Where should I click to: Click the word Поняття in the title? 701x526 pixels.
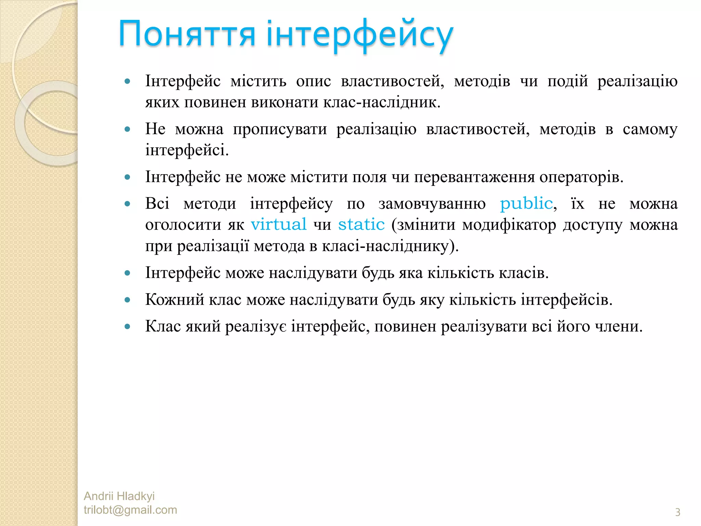187,34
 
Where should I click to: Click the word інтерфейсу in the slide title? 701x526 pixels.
360,34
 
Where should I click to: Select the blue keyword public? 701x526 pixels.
526,203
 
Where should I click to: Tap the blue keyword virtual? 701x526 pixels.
279,225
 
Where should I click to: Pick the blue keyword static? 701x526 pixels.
361,225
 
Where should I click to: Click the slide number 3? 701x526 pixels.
677,512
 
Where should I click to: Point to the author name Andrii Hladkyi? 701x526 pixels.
119,496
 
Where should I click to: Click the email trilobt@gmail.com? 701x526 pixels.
130,510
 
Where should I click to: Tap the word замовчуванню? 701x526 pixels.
432,204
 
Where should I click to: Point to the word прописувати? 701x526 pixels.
280,129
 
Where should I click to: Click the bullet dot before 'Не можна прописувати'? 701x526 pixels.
128,129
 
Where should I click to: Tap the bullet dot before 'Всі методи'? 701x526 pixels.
128,204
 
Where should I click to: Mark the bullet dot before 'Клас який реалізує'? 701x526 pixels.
128,326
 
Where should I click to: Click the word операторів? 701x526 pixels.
581,177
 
